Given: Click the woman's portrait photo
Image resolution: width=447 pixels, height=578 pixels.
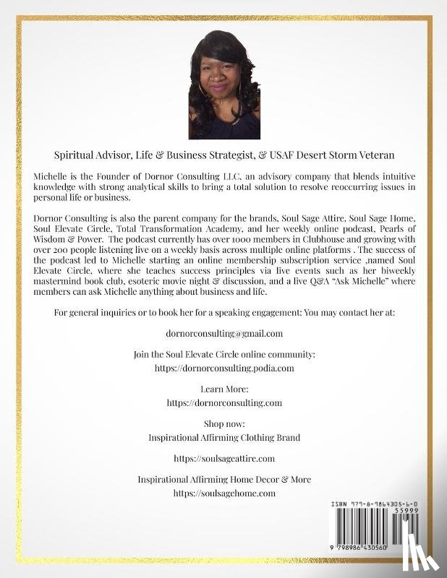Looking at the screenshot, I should [x=223, y=85].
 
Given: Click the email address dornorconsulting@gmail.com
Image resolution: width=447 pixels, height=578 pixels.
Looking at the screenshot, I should [x=223, y=334].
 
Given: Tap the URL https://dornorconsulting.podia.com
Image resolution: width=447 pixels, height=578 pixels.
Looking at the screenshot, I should [x=224, y=368].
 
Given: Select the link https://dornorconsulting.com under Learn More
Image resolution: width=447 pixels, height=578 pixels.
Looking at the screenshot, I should [x=223, y=402].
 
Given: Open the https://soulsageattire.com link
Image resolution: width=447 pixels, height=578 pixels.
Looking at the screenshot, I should [x=223, y=458].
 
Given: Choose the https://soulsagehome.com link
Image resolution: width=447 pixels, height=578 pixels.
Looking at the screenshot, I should [x=224, y=493].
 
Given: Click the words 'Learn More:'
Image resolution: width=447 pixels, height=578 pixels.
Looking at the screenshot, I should [x=223, y=389].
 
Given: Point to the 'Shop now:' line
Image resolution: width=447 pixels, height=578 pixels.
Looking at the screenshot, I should [x=224, y=423].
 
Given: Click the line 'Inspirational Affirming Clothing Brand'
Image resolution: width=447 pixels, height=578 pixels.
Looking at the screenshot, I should [x=223, y=437].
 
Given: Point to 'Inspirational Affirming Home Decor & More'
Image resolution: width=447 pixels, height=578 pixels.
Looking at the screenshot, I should [x=224, y=480].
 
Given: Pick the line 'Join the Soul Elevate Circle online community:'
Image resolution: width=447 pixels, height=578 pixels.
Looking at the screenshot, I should [x=224, y=355].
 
